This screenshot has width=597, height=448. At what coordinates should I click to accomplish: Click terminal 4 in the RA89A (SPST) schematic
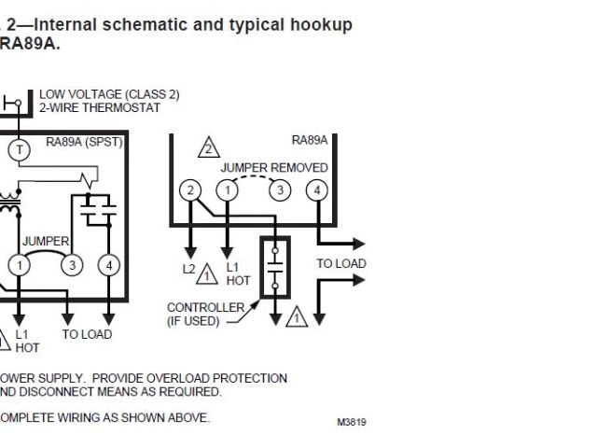(x=108, y=265)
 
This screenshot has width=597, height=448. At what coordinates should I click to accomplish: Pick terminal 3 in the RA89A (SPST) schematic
(x=71, y=265)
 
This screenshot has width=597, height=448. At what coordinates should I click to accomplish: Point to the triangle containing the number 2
(x=209, y=147)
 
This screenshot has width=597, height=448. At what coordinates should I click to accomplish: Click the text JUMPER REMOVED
(x=274, y=167)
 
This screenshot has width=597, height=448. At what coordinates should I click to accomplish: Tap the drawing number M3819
(x=352, y=423)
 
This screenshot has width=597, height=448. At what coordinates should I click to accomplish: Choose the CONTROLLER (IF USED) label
(x=205, y=314)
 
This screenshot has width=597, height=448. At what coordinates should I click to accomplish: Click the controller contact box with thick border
(x=275, y=268)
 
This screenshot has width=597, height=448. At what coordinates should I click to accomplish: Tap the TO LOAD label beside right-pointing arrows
(x=340, y=264)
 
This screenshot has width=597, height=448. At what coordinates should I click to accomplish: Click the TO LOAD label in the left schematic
(x=87, y=334)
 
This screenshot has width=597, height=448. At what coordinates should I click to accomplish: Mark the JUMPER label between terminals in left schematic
(x=46, y=242)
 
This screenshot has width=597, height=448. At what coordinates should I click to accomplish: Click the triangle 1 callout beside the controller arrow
(x=297, y=317)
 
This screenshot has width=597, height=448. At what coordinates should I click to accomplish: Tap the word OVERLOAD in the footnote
(x=192, y=378)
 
